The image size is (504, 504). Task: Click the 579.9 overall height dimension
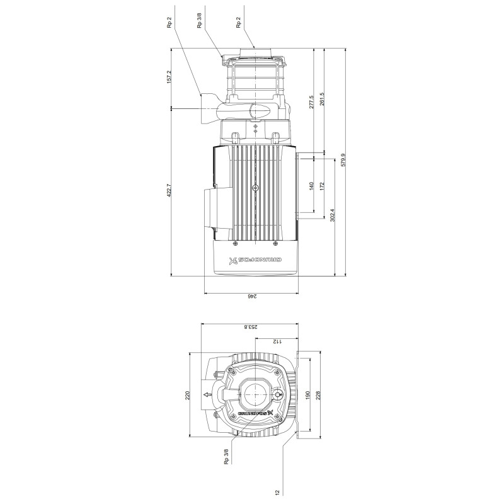click(x=343, y=160)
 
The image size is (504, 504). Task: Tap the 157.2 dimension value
click(x=169, y=77)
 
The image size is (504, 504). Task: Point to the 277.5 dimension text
click(x=311, y=102)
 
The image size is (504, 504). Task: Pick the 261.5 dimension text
click(x=322, y=99)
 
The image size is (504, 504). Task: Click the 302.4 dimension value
click(x=333, y=215)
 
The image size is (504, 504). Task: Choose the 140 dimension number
click(x=311, y=186)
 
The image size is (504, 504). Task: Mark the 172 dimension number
click(x=322, y=186)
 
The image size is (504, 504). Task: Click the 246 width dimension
click(x=251, y=296)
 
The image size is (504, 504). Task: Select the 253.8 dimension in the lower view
click(x=251, y=327)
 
